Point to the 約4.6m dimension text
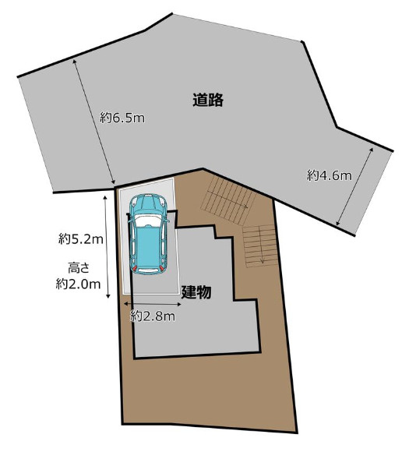click(x=329, y=176)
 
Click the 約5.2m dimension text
click(x=79, y=237)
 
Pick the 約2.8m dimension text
click(x=152, y=316)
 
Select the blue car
click(x=149, y=233)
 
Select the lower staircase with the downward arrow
click(x=258, y=245)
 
